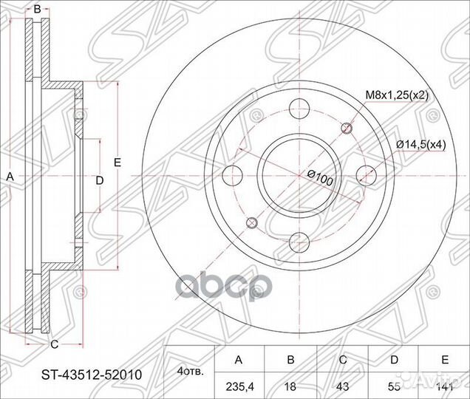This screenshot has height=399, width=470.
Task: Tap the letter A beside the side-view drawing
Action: (x=10, y=177)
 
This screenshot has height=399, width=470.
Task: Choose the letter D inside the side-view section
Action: (x=99, y=180)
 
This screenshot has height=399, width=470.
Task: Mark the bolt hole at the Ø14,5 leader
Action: (x=363, y=175)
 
